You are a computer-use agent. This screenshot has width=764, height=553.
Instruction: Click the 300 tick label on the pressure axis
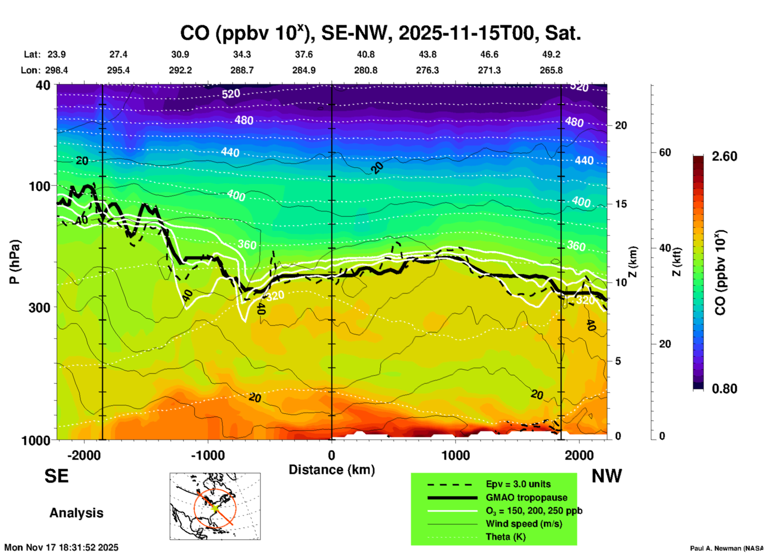tap(39, 307)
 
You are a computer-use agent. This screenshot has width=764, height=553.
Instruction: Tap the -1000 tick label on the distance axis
tap(207, 455)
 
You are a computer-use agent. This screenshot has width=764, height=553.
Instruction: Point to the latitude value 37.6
tap(304, 54)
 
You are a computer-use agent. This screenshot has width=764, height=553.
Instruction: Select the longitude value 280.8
tap(365, 70)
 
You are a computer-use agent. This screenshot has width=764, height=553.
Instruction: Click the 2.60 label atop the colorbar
tap(724, 156)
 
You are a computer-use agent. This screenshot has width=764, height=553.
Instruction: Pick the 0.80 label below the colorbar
tap(724, 388)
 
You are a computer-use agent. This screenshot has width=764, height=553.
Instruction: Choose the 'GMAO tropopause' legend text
tap(526, 497)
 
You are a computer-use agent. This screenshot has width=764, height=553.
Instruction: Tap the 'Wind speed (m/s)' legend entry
tap(524, 524)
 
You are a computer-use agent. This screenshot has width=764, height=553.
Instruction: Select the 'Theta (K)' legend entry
tap(506, 537)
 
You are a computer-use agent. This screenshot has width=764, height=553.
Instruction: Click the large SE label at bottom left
tap(56, 476)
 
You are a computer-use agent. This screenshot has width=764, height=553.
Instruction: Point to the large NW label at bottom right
tap(607, 476)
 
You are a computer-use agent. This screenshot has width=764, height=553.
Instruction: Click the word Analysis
tap(76, 513)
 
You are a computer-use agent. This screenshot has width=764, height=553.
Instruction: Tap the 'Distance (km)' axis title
tap(332, 470)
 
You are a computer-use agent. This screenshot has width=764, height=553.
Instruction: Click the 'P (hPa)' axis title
tap(14, 262)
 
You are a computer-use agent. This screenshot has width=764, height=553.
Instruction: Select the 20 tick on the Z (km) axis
tap(621, 125)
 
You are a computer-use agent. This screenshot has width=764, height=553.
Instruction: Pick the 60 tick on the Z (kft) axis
tap(665, 152)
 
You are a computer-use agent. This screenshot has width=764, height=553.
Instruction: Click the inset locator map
tap(215, 506)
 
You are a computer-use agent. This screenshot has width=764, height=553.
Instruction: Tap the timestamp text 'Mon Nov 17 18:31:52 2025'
tap(61, 547)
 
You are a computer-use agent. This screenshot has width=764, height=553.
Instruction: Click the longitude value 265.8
tap(551, 70)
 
